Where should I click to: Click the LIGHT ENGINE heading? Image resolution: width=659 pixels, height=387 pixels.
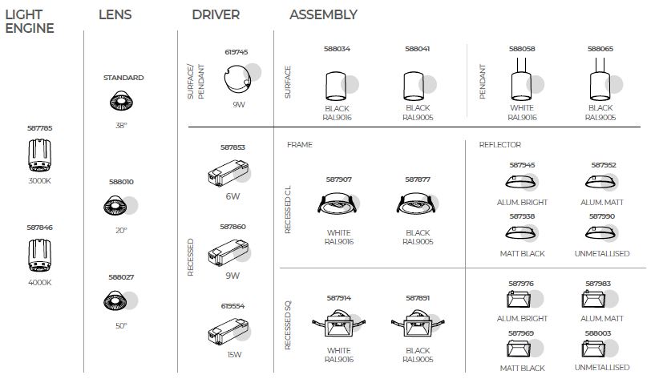[29, 22]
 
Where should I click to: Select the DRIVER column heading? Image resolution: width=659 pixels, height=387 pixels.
[216, 15]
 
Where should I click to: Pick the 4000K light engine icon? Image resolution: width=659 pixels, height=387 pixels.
[39, 256]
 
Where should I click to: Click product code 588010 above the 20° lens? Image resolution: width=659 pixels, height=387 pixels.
[121, 182]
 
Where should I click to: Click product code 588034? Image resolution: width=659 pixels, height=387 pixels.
[338, 49]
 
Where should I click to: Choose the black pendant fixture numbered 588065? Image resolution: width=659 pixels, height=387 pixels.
[600, 85]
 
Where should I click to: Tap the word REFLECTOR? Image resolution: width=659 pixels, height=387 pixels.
[499, 145]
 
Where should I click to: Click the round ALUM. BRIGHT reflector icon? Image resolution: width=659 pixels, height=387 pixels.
[522, 183]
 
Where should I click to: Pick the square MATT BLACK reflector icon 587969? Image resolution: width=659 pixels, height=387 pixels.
[522, 349]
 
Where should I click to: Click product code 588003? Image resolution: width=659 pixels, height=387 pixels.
[598, 333]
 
